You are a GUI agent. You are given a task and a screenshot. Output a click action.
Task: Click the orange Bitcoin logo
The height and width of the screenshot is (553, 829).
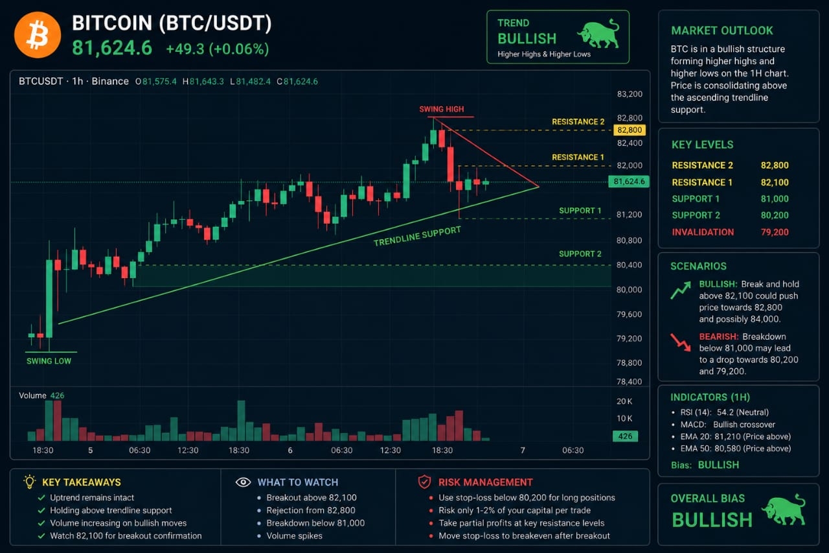click(x=38, y=35)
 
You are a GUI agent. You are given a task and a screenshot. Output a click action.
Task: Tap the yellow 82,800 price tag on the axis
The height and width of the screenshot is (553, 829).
click(x=630, y=130)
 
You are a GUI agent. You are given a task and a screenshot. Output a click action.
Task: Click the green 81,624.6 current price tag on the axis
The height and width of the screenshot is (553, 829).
click(x=629, y=182)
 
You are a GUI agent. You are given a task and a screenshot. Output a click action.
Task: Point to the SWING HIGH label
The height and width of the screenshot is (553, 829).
click(x=441, y=110)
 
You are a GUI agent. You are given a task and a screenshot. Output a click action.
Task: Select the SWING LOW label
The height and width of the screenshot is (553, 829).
click(x=49, y=361)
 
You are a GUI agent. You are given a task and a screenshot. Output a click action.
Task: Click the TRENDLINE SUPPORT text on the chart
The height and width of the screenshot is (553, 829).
click(x=417, y=237)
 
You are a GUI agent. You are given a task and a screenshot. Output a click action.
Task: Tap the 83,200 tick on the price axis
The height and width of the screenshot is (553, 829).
click(x=630, y=94)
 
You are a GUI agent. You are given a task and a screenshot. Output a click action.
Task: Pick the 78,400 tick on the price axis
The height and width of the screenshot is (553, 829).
click(x=629, y=381)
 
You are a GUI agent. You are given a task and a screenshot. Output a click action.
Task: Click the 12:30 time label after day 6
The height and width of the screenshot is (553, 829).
click(x=391, y=451)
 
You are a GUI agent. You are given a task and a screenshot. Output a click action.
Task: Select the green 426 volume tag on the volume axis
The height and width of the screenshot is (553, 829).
click(x=625, y=436)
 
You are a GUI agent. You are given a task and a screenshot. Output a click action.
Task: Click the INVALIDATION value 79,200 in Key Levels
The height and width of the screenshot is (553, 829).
click(x=775, y=232)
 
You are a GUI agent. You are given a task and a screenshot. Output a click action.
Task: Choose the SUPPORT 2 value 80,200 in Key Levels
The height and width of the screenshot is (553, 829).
click(x=775, y=215)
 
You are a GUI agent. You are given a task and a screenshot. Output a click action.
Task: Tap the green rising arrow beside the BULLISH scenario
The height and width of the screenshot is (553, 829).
click(x=681, y=290)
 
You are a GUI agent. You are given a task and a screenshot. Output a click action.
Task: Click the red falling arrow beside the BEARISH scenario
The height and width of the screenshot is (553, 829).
click(x=681, y=342)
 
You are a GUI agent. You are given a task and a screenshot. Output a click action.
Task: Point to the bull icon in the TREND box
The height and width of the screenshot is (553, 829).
click(x=598, y=34)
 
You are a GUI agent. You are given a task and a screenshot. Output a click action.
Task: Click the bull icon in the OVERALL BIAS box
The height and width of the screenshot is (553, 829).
click(x=784, y=510)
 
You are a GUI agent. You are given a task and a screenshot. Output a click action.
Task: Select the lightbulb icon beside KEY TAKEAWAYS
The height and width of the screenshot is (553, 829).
click(x=30, y=482)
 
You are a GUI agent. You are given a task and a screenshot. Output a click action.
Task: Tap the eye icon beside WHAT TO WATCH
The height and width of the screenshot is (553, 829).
click(x=243, y=482)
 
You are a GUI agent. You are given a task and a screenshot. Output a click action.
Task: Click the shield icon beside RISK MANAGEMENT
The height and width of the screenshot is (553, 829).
click(x=424, y=482)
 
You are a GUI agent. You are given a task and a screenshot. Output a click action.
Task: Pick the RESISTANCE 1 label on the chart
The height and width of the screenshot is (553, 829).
click(x=578, y=158)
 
